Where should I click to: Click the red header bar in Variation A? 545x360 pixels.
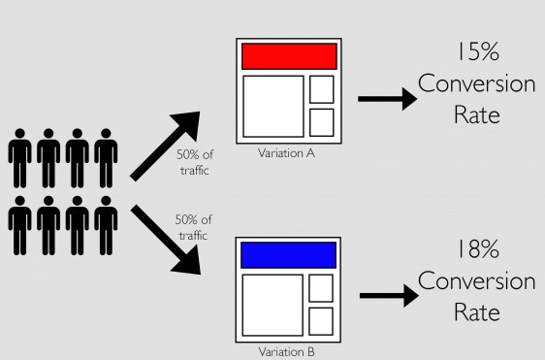288,55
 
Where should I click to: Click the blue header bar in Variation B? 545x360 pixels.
287,254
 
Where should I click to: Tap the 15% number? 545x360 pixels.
476,52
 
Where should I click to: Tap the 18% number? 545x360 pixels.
476,250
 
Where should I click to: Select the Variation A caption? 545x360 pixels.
287,152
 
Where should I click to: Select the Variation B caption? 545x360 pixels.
287,351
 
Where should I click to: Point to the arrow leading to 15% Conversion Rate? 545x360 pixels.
384,98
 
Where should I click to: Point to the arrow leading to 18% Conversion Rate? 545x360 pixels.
384,297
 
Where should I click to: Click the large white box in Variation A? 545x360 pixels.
272,106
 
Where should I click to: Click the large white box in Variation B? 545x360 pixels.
272,305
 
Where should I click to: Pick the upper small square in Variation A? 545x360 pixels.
321,89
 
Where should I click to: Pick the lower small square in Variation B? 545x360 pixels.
321,321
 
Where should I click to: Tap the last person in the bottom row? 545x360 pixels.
106,227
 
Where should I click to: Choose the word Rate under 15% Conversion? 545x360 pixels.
476,115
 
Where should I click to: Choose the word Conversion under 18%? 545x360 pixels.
476,281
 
